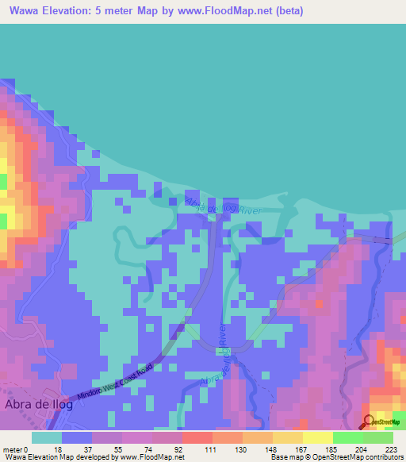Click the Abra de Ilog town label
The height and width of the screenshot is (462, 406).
coord(39,404)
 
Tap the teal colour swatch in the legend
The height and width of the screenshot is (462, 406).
coord(47,437)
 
